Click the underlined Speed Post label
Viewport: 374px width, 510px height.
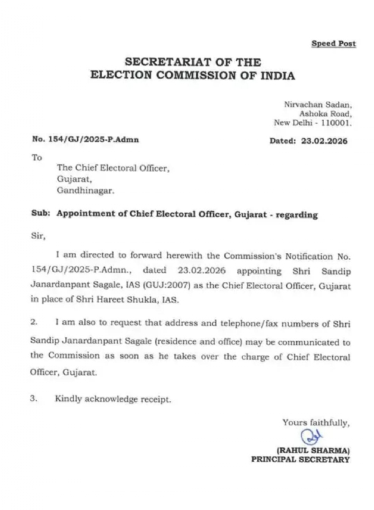pyautogui.click(x=333, y=44)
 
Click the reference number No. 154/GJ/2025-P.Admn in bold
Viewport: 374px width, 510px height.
pyautogui.click(x=85, y=140)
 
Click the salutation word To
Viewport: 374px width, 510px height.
pyautogui.click(x=37, y=158)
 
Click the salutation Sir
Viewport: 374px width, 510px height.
pyautogui.click(x=38, y=236)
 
